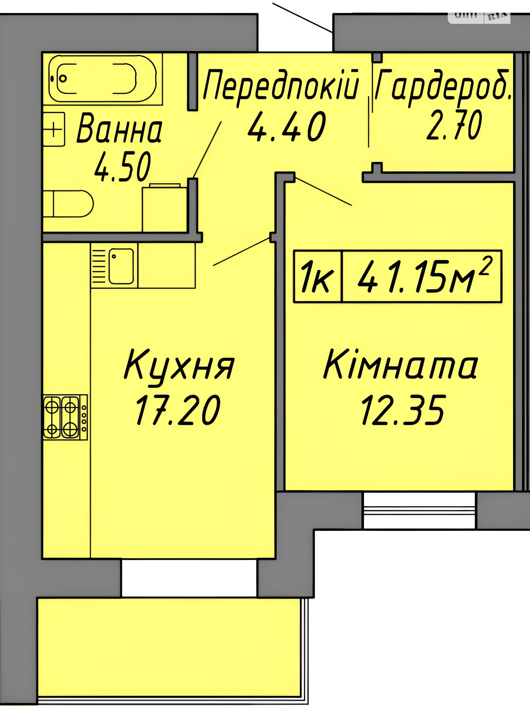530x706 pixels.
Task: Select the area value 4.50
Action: point(122,167)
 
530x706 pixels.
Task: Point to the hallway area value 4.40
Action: point(286,127)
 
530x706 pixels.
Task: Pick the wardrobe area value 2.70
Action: point(454,125)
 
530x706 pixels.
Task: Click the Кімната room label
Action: point(400,366)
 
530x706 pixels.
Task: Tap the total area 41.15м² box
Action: point(421,276)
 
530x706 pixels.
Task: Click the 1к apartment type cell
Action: point(317,276)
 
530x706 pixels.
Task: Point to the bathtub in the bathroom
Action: point(103,78)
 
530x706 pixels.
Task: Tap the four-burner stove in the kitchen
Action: point(65,417)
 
